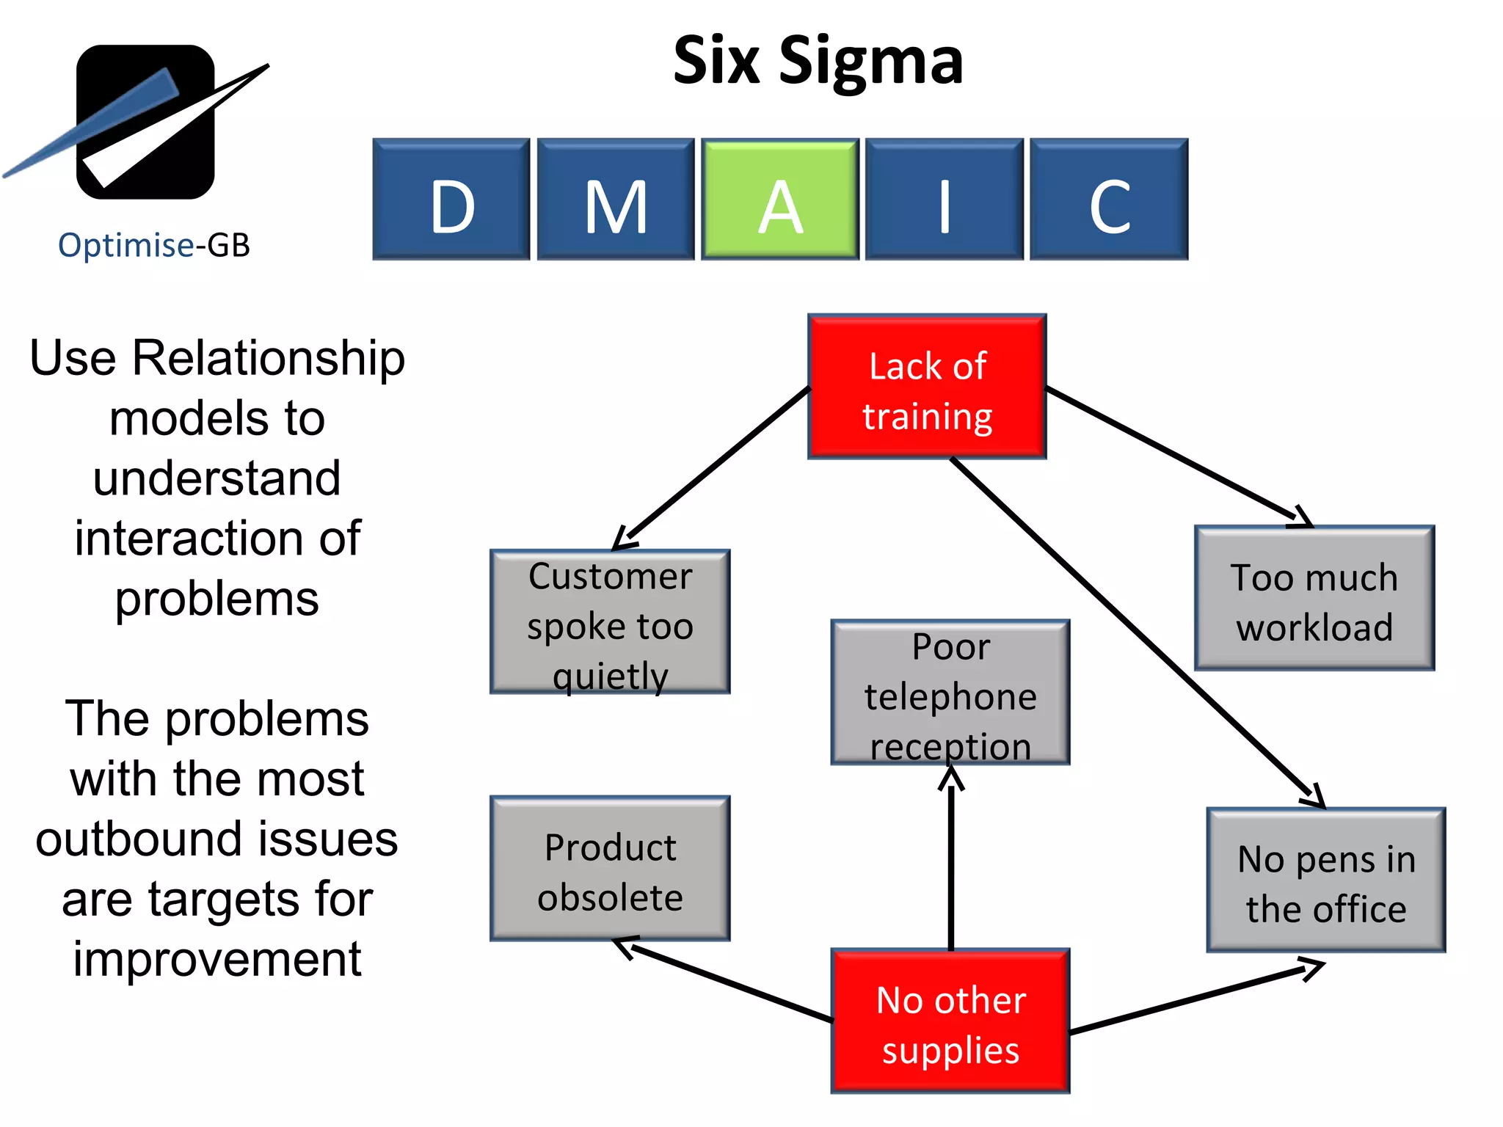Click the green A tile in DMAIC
point(779,200)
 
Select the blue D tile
point(451,200)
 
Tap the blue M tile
point(615,200)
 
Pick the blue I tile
point(944,200)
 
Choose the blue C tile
point(1108,200)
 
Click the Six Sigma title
point(818,62)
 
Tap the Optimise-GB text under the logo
point(154,245)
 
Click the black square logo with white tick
point(145,122)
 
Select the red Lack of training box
point(926,387)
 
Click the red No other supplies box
point(950,1021)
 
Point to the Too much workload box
point(1314,599)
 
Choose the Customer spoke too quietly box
point(609,622)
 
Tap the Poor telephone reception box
point(950,693)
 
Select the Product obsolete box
point(609,869)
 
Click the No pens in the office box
point(1325,880)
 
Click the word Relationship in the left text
point(269,360)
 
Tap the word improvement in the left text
point(217,960)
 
